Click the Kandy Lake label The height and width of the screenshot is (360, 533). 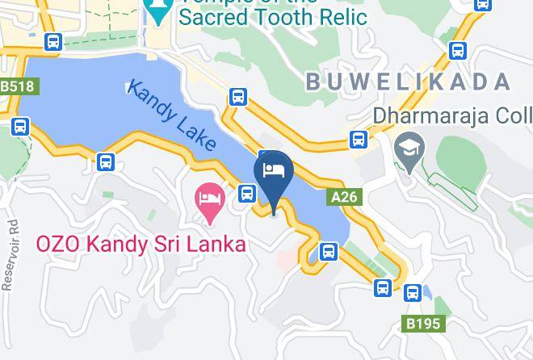pos(172,115)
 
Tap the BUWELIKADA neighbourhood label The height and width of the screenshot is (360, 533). pos(408,82)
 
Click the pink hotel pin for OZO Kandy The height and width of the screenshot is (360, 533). pos(211,201)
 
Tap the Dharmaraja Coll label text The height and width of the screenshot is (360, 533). pos(451,116)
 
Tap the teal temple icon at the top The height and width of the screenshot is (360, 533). pos(157,8)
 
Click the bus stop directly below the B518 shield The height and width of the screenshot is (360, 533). pos(21,126)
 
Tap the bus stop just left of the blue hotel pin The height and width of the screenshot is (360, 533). pos(248,193)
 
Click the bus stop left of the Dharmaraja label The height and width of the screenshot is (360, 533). pos(359,139)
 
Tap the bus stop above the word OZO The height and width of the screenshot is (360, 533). pos(106,161)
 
